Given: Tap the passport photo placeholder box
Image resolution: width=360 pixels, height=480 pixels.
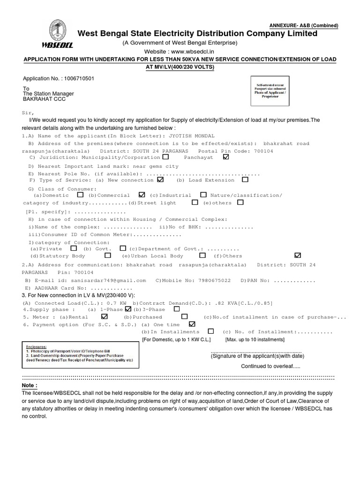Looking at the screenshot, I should tap(270, 92).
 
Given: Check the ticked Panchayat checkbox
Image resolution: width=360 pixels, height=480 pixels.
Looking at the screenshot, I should tap(226, 157).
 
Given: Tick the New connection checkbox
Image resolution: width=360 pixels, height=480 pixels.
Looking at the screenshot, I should tap(161, 180).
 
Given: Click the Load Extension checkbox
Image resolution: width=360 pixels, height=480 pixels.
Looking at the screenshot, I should tap(245, 180).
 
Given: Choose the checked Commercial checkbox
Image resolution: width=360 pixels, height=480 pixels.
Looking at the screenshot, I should tap(142, 195).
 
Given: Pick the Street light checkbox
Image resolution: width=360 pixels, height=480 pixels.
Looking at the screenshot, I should tap(195, 202).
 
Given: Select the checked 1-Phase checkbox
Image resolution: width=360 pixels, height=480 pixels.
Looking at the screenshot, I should tap(128, 309).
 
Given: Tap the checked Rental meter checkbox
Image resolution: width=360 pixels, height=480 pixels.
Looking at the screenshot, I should tap(104, 317).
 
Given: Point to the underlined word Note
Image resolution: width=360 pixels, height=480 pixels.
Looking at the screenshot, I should tap(29, 385).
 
